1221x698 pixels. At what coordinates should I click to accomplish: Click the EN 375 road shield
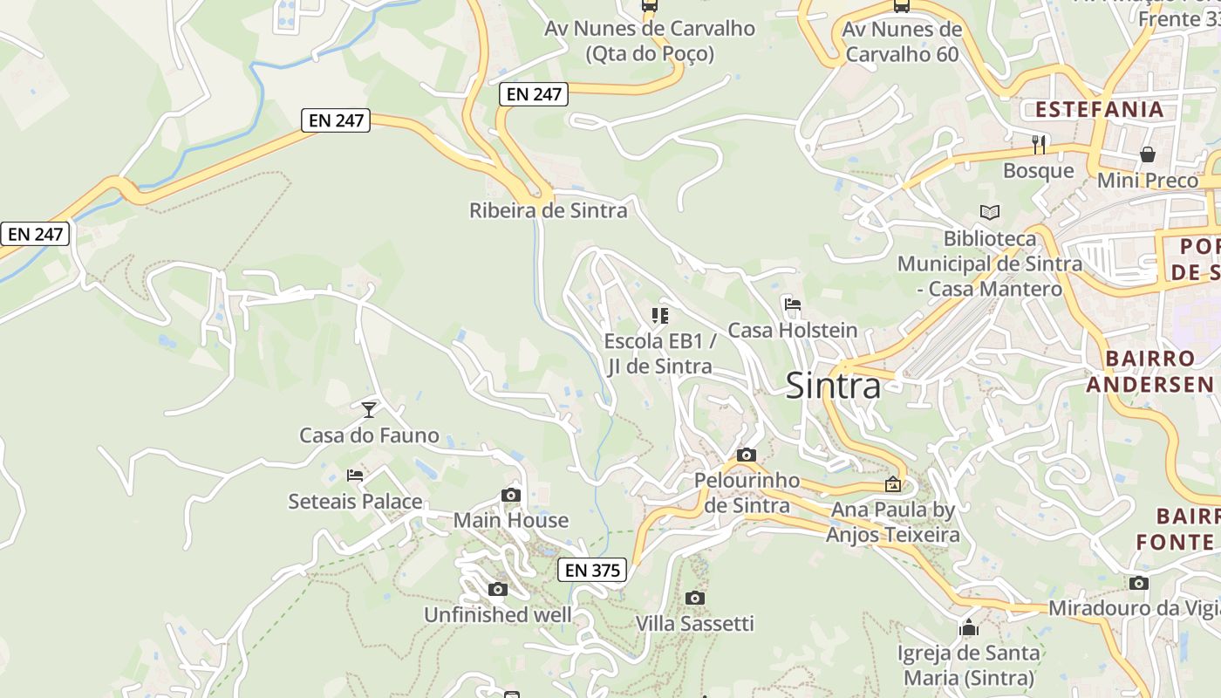coord(592,571)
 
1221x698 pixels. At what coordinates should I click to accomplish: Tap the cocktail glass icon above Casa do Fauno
coord(369,409)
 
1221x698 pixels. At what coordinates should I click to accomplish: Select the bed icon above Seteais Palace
coord(355,476)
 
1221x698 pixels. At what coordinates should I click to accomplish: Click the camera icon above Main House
coord(511,496)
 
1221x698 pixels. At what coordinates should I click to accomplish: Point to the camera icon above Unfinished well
coord(497,590)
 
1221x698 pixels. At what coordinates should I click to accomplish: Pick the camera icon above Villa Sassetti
coord(694,598)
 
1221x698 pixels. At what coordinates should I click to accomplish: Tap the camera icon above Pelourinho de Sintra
coord(746,455)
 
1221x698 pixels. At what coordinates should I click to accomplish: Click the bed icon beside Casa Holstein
coord(793,305)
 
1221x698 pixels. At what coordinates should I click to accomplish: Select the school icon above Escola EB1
coord(659,315)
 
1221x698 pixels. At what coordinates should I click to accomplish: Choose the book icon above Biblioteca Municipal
coord(989,212)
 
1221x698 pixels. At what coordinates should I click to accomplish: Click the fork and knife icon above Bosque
coord(1038,144)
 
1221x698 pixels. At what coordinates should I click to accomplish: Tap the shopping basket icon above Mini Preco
coord(1147,154)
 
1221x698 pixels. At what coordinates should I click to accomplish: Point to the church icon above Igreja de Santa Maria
coord(968,627)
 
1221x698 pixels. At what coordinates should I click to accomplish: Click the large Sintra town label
coord(833,386)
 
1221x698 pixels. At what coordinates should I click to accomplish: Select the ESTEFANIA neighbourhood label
coord(1099,110)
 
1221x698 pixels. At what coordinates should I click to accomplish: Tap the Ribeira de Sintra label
coord(548,210)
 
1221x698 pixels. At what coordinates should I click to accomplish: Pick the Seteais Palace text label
coord(355,502)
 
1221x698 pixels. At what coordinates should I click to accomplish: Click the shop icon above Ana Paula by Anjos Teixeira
coord(892,484)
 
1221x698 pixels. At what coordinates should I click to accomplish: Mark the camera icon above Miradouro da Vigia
coord(1138,583)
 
